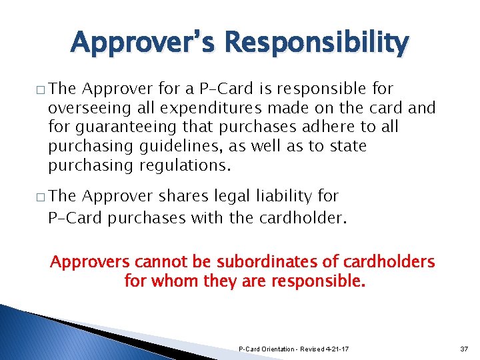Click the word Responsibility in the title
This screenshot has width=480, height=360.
[317, 44]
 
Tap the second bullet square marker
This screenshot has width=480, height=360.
[41, 198]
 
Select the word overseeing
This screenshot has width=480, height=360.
[83, 108]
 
